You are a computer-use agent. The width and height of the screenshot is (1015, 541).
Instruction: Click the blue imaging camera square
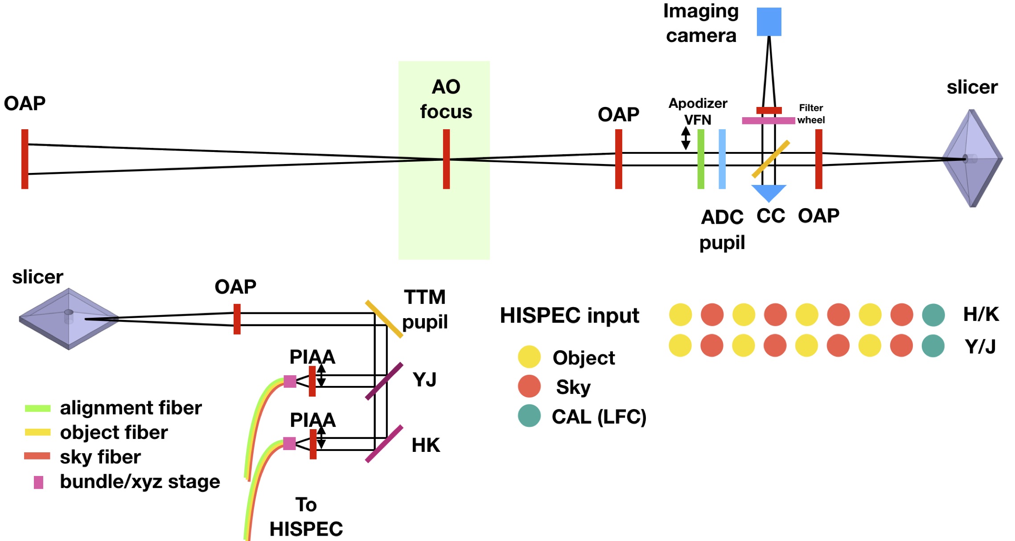(768, 21)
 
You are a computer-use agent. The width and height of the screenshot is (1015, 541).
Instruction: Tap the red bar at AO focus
(446, 159)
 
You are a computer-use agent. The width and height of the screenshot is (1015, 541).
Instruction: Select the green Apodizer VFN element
(701, 159)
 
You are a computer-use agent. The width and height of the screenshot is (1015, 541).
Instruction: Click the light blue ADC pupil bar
(722, 159)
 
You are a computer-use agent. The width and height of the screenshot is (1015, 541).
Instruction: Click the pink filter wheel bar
(768, 120)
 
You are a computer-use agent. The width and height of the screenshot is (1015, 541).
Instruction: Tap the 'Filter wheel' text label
(811, 114)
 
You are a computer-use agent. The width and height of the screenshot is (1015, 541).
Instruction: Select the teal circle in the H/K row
(933, 315)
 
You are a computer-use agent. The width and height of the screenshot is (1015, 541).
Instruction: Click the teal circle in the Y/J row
(933, 346)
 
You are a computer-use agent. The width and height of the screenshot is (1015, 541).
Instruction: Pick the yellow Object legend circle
(529, 357)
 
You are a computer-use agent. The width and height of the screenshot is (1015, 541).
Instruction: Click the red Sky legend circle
(529, 386)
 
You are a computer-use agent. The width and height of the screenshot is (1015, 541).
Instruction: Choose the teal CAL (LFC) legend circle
(529, 416)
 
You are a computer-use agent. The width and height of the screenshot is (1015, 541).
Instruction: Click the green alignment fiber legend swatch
(37, 408)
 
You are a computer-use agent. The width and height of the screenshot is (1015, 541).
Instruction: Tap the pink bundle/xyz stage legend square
(39, 482)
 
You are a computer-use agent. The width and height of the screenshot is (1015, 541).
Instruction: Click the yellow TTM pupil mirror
(384, 319)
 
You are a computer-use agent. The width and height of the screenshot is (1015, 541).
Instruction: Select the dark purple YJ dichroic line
(384, 381)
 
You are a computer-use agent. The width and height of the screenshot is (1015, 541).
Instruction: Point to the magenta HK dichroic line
(384, 444)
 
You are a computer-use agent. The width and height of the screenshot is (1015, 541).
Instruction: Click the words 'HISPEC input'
(569, 316)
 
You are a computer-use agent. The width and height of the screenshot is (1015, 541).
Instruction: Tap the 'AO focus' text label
(446, 99)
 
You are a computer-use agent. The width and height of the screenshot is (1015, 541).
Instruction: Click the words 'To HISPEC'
(306, 517)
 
